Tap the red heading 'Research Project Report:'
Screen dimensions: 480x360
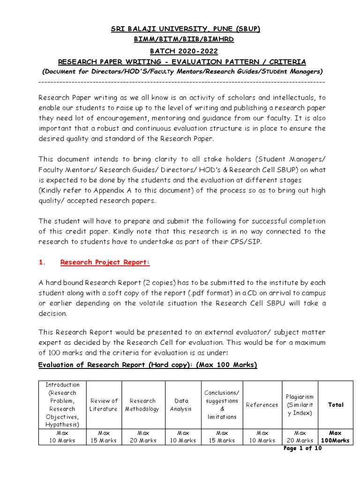pos(105,262)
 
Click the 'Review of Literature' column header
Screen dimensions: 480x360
pos(104,405)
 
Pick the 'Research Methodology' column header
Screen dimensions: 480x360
pos(142,405)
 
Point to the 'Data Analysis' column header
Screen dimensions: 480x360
pos(181,405)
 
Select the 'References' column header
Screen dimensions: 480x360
pos(262,405)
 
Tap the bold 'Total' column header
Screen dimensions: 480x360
pos(336,405)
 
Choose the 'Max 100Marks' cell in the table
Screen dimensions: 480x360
pos(336,437)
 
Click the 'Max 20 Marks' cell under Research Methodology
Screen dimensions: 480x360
pos(142,437)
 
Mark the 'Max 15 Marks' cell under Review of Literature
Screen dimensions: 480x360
pos(104,437)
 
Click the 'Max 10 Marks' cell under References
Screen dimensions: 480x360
pos(262,437)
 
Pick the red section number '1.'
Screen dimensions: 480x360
pos(42,262)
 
